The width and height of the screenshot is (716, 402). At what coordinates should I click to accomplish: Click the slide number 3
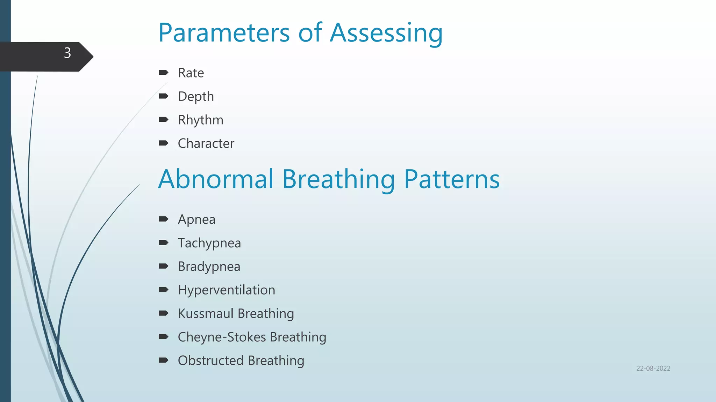pyautogui.click(x=67, y=53)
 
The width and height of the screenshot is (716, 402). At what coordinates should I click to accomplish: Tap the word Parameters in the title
pyautogui.click(x=224, y=33)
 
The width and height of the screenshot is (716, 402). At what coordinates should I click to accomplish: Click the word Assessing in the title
pyautogui.click(x=386, y=33)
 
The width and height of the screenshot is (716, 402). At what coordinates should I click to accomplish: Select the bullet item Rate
pyautogui.click(x=191, y=73)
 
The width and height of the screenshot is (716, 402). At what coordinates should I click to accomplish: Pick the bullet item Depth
pyautogui.click(x=196, y=97)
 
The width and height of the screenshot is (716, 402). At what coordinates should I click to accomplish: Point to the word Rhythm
pyautogui.click(x=200, y=120)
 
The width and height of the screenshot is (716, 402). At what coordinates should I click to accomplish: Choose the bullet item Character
pyautogui.click(x=206, y=143)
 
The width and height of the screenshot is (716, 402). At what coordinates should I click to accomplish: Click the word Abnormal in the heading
pyautogui.click(x=216, y=179)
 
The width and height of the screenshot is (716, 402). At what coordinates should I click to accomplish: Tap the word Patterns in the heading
pyautogui.click(x=452, y=179)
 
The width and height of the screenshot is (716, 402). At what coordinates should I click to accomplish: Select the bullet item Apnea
pyautogui.click(x=196, y=219)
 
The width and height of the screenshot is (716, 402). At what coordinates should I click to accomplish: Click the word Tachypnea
pyautogui.click(x=209, y=243)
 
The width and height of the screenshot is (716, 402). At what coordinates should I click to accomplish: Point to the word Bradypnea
pyautogui.click(x=209, y=267)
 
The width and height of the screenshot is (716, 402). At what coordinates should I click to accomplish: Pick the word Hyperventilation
pyautogui.click(x=226, y=290)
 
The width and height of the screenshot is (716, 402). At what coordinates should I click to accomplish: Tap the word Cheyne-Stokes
pyautogui.click(x=222, y=337)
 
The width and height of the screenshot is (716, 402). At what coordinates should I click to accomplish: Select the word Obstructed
pyautogui.click(x=210, y=360)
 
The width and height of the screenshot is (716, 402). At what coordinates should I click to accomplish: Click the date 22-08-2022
pyautogui.click(x=653, y=368)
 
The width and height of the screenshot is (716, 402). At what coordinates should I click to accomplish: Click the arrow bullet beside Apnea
pyautogui.click(x=163, y=219)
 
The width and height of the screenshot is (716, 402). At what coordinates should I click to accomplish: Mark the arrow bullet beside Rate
pyautogui.click(x=163, y=73)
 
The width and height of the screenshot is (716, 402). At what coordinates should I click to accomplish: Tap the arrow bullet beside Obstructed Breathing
pyautogui.click(x=163, y=360)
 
